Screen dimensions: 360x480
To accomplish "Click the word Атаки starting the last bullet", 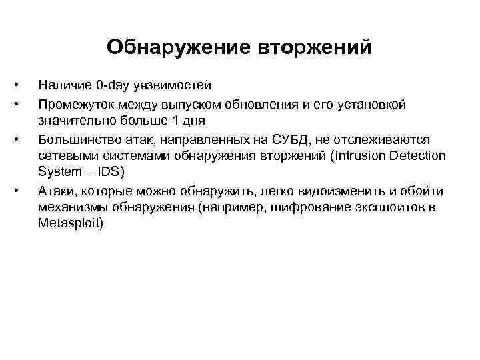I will tap(56, 191).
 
